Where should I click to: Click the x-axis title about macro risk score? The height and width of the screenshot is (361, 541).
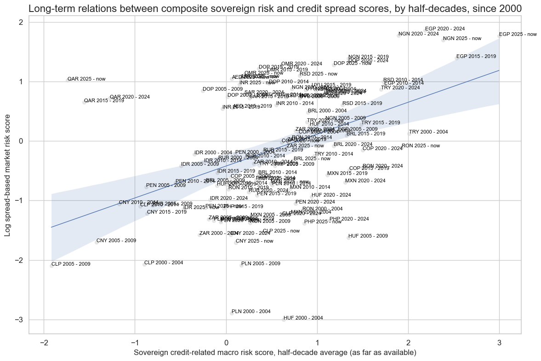(x=275, y=353)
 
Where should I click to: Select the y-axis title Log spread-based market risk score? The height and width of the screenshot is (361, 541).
(x=8, y=175)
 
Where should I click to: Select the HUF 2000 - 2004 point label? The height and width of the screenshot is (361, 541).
(x=303, y=318)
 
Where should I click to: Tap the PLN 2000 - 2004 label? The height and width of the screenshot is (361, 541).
(x=251, y=312)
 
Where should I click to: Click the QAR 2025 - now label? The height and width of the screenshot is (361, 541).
(x=86, y=79)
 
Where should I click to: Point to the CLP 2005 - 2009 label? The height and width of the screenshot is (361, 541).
(x=71, y=264)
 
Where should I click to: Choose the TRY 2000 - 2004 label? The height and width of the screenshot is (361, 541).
(x=428, y=132)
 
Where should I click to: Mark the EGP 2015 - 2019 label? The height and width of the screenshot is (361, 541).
(x=476, y=57)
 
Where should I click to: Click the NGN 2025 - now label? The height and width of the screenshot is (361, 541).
(x=462, y=39)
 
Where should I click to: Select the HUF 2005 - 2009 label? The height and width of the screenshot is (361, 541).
(x=368, y=236)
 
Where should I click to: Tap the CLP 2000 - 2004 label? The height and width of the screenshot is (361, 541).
(x=164, y=263)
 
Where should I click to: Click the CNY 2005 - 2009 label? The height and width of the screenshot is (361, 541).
(x=116, y=241)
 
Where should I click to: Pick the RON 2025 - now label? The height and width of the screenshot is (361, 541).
(x=421, y=146)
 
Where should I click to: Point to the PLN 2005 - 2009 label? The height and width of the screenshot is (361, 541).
(x=261, y=264)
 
